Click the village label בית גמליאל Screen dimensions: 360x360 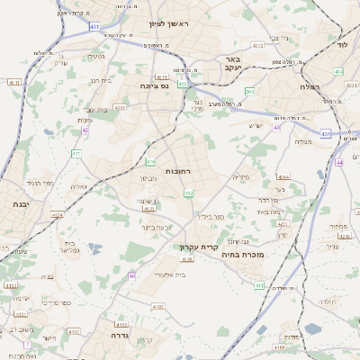[x=71, y=248]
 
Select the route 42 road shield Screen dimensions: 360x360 [x=85, y=130]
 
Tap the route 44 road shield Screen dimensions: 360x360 [x=338, y=163]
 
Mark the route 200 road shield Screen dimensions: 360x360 [x=249, y=92]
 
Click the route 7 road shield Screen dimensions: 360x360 [x=27, y=345]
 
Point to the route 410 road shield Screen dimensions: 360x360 [x=150, y=162]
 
